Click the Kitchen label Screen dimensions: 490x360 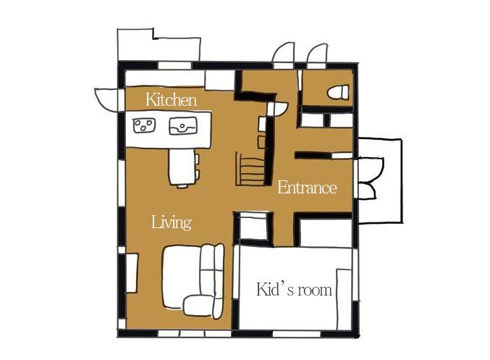172,100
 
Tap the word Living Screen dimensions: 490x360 172,222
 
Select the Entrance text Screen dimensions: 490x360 307,188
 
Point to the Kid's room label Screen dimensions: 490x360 294,289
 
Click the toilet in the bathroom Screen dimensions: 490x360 338,92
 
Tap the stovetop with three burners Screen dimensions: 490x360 144,125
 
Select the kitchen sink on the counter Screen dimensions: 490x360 183,126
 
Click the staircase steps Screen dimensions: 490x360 251,169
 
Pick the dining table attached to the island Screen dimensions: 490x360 182,167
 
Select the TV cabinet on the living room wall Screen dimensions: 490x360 132,273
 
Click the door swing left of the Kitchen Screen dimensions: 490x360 106,99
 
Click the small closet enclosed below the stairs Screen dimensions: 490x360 253,229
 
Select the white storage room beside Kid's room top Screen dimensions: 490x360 326,233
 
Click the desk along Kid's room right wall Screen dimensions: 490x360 344,299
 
